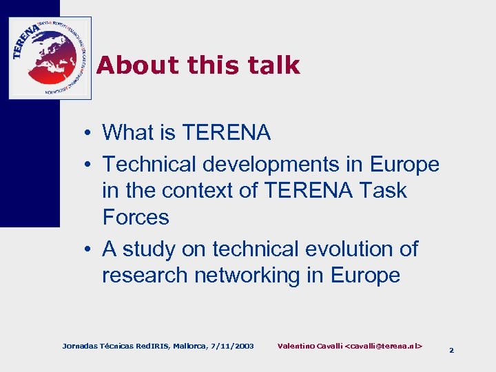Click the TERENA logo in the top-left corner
(x=50, y=58)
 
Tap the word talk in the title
(x=276, y=65)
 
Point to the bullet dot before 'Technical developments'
(x=90, y=165)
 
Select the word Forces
(x=136, y=217)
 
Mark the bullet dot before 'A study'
(x=90, y=249)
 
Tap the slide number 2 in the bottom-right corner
(x=451, y=350)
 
